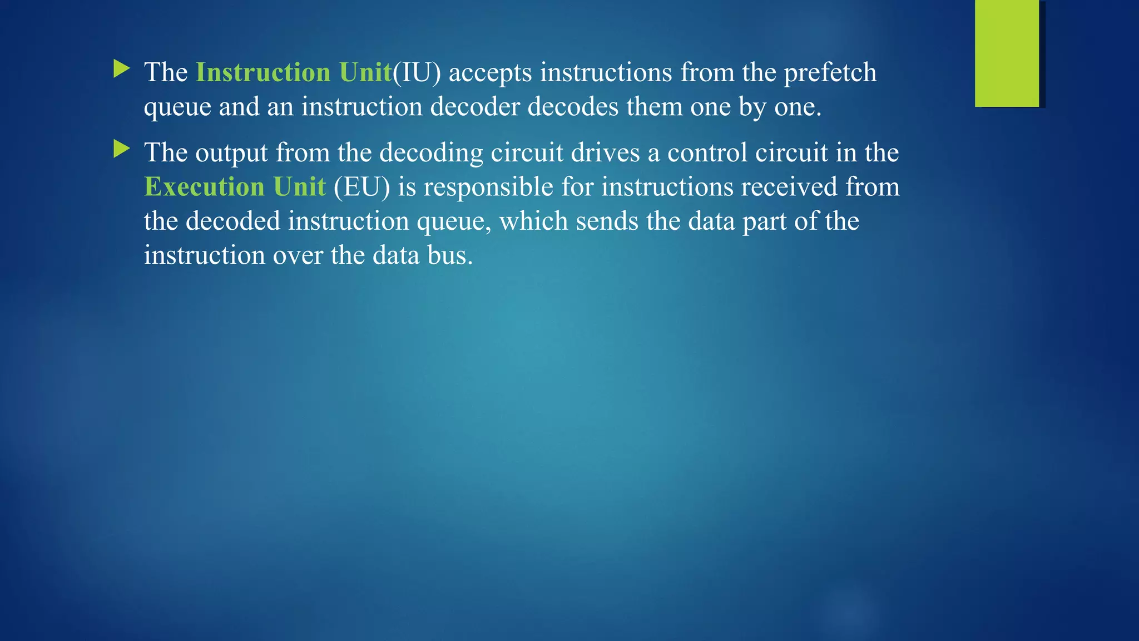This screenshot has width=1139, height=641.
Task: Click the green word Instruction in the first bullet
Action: click(x=263, y=72)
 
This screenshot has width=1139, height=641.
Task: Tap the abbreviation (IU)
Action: click(x=417, y=72)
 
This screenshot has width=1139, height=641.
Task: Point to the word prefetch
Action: click(x=830, y=72)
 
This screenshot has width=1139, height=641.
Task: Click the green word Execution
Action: click(x=204, y=186)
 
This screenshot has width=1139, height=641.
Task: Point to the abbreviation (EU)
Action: click(x=362, y=186)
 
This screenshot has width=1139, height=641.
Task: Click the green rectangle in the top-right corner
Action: click(x=1007, y=53)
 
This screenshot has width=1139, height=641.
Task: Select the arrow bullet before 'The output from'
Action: click(x=121, y=149)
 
